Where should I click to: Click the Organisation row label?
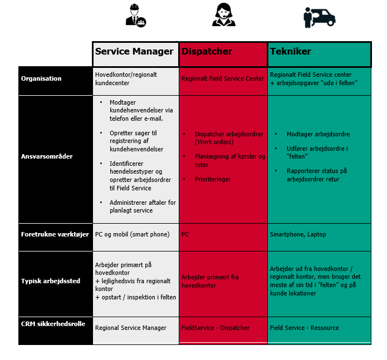pos(41,78)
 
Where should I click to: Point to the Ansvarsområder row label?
pos(47,156)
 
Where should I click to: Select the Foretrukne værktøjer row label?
pos(55,234)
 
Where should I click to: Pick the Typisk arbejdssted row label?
pos(51,281)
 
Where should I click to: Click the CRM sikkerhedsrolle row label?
pos(53,324)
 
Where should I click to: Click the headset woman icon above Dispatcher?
pos(224,14)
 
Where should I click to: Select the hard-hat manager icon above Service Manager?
pos(135,15)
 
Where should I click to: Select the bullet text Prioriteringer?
pos(213,179)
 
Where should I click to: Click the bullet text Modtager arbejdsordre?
pos(318,134)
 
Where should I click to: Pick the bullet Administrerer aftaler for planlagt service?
pos(143,206)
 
